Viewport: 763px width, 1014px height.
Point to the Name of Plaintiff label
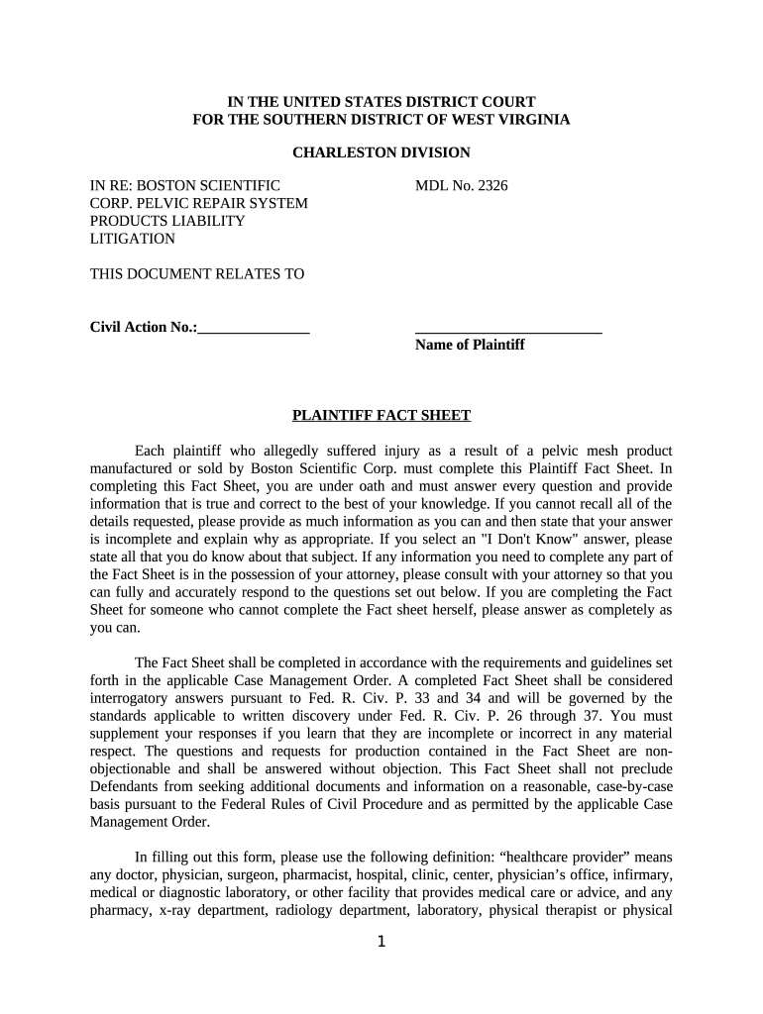pos(470,345)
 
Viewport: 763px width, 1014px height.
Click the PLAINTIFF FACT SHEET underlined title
pos(381,416)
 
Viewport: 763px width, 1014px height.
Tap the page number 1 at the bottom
pos(381,942)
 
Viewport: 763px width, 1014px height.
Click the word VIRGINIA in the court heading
pos(533,119)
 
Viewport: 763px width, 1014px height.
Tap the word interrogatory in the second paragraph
pos(129,698)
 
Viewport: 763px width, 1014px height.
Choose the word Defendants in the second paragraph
pos(123,787)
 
